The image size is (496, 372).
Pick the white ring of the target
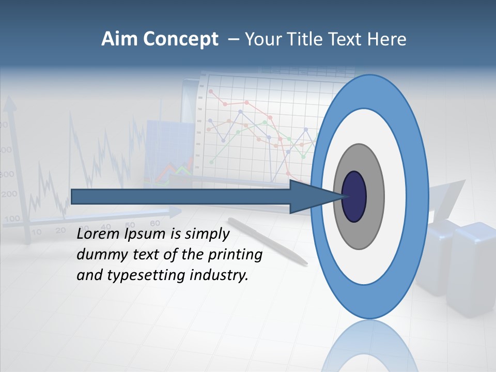(x=395, y=196)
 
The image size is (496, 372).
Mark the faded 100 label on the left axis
(x=11, y=219)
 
